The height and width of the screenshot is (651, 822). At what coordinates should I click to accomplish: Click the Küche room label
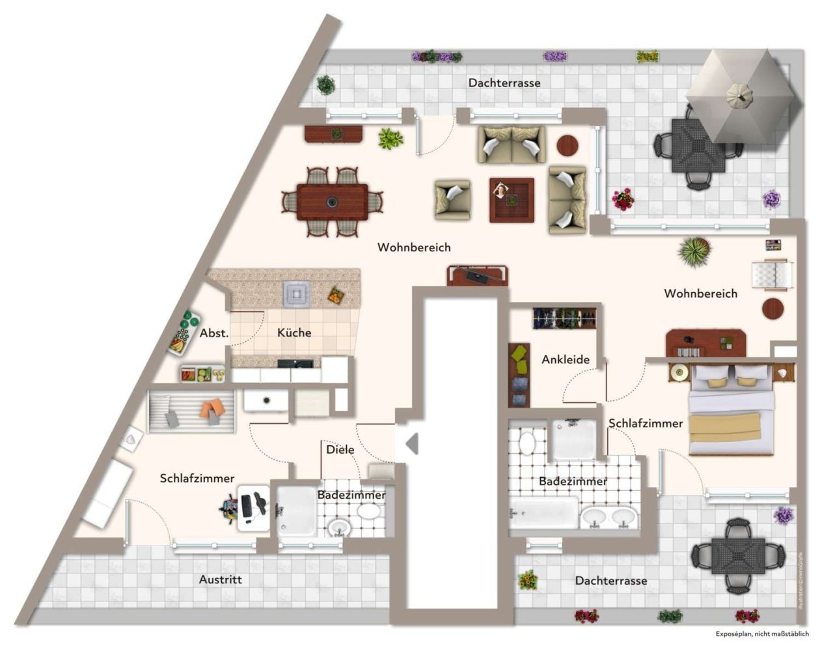coord(294,333)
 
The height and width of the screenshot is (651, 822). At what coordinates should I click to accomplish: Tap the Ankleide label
coord(566,359)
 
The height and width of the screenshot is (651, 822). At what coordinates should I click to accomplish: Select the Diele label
coord(340,449)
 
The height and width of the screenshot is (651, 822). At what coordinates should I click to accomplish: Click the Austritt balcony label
coord(221,579)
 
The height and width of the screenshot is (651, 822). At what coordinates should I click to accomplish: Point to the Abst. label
coord(214,333)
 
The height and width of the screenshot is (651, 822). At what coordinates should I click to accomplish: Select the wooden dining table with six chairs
coord(332,202)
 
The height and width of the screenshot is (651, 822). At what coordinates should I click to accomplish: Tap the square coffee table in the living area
coord(512,200)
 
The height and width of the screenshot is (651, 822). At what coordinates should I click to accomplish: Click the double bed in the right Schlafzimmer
coord(732,410)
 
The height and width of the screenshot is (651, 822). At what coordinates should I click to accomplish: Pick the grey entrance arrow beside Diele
coord(411,444)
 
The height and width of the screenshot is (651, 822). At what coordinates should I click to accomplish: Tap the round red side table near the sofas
coord(568,145)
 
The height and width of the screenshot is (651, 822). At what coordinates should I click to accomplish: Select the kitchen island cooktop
coord(296,294)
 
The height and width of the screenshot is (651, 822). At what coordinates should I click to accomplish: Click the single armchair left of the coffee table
coord(453,199)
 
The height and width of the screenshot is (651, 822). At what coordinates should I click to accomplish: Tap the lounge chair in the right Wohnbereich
coord(773,274)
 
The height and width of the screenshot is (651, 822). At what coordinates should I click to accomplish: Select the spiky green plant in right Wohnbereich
coord(694,251)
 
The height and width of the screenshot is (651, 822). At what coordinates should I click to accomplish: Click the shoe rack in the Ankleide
coord(564,318)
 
